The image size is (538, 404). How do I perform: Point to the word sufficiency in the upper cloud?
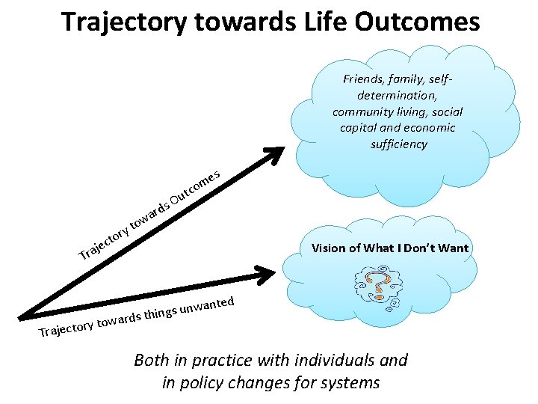(x=398, y=144)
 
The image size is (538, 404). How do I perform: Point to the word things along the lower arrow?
(x=161, y=313)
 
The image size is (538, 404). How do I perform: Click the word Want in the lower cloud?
(x=452, y=248)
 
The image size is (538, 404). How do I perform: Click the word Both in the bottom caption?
(x=151, y=360)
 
